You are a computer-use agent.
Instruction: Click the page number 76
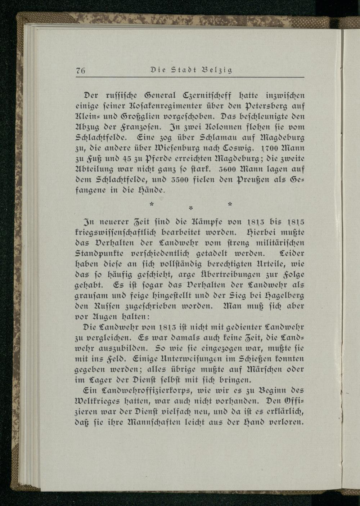80,71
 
